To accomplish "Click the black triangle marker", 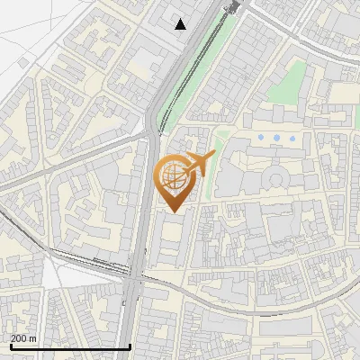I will [182, 24].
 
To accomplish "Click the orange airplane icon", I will [198, 165].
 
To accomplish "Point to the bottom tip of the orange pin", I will [174, 212].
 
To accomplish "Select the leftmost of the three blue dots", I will [260, 137].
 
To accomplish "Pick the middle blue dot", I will [276, 137].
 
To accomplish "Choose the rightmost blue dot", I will [292, 137].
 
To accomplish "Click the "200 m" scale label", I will [23, 337].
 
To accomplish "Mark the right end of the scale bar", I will [130, 346].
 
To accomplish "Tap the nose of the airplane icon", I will [213, 156].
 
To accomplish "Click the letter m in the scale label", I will [32, 337].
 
